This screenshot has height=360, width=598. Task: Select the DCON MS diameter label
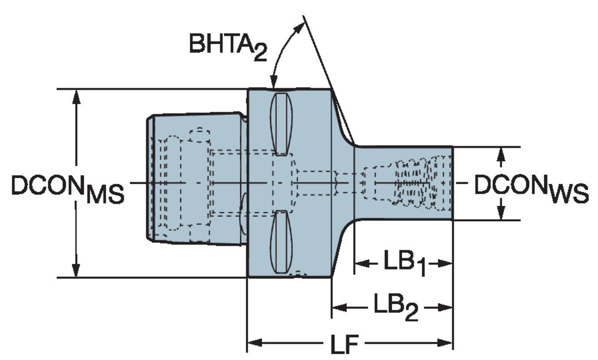tap(67, 187)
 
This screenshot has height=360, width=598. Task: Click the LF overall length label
tap(344, 343)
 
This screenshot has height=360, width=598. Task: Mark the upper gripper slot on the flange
tap(281, 124)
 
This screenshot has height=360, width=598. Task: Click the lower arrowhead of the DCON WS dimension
tap(501, 213)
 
